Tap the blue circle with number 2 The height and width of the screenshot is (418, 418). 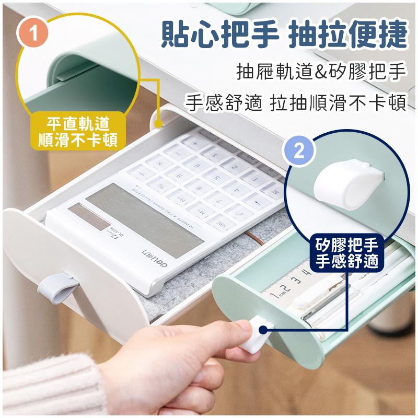[x=299, y=152]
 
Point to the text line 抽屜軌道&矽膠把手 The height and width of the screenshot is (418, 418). [x=321, y=72]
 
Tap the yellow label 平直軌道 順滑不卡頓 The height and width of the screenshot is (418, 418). [x=78, y=131]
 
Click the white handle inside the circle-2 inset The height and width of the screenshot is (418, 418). [x=346, y=183]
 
